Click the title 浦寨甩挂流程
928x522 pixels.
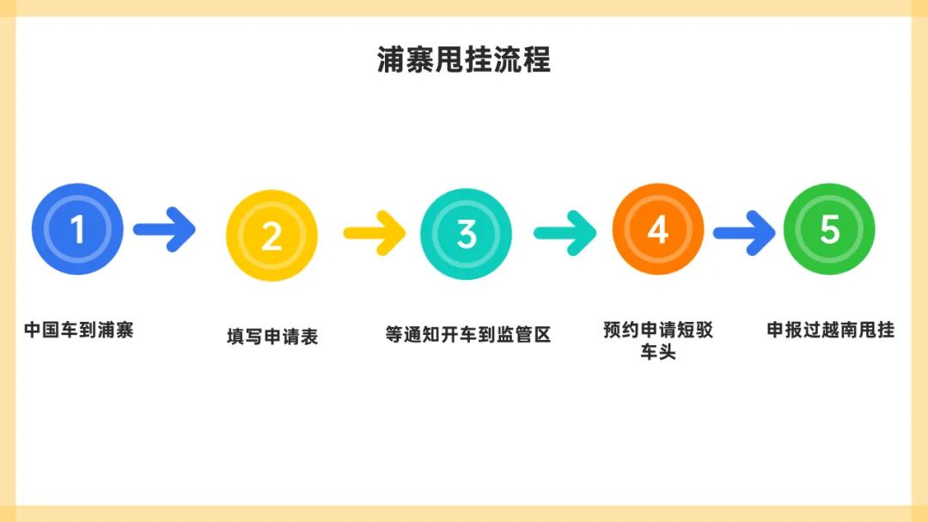pyautogui.click(x=464, y=60)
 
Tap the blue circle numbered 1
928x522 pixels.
pyautogui.click(x=77, y=229)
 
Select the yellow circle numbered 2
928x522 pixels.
pyautogui.click(x=272, y=235)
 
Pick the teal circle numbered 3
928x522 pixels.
pyautogui.click(x=466, y=234)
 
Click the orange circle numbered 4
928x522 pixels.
pyautogui.click(x=658, y=229)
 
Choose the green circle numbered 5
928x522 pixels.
pyautogui.click(x=829, y=229)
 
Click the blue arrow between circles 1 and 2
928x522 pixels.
pyautogui.click(x=165, y=229)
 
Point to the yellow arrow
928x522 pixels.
pyautogui.click(x=375, y=232)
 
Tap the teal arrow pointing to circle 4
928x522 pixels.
pyautogui.click(x=565, y=232)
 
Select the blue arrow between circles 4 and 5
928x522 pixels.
pyautogui.click(x=744, y=232)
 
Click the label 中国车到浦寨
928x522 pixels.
pyautogui.click(x=79, y=330)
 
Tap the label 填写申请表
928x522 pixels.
pyautogui.click(x=272, y=337)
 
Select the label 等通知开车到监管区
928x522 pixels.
pyautogui.click(x=467, y=334)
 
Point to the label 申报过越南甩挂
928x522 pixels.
pyautogui.click(x=831, y=330)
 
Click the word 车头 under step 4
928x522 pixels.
pyautogui.click(x=658, y=352)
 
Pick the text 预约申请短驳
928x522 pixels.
pyautogui.click(x=658, y=331)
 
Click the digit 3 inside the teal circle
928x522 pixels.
pyautogui.click(x=467, y=234)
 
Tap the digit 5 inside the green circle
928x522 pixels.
pyautogui.click(x=829, y=229)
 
